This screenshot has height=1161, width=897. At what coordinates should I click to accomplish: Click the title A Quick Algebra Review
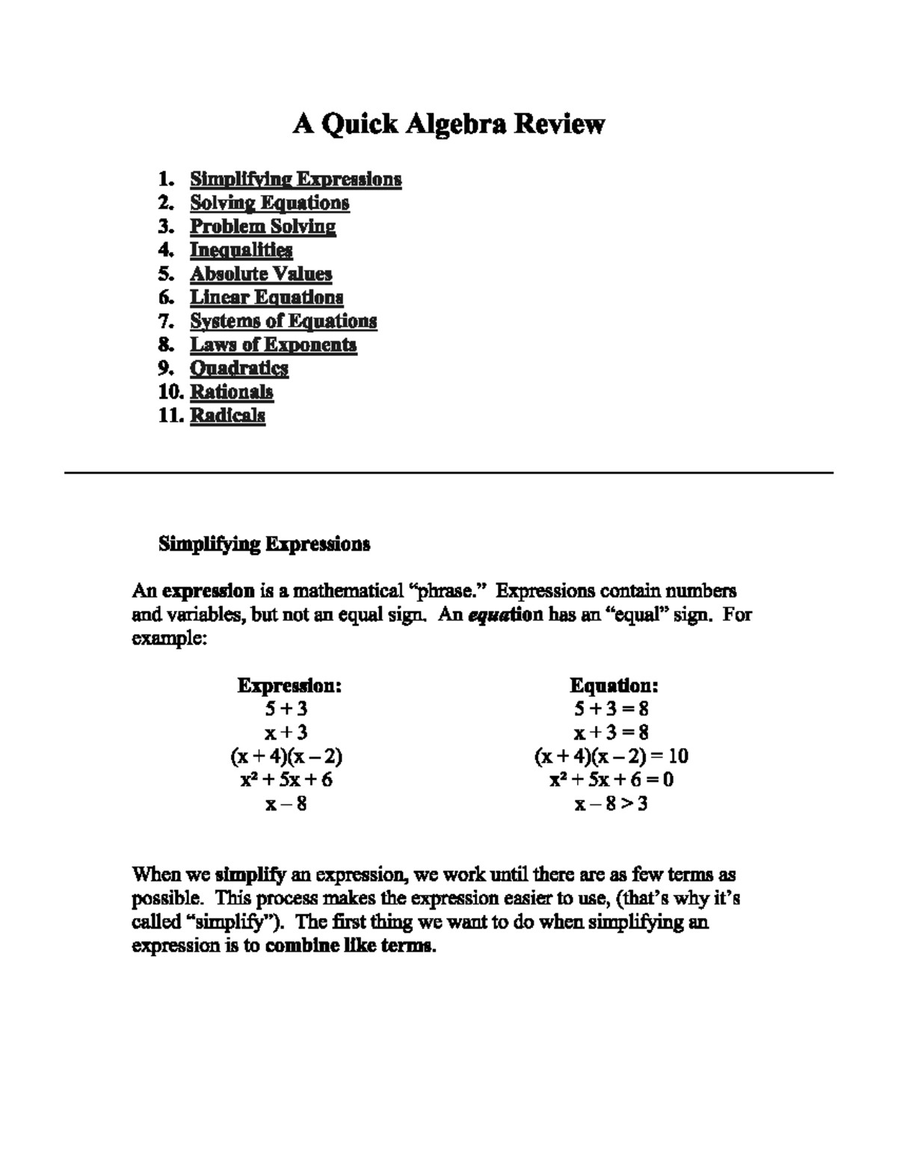448,124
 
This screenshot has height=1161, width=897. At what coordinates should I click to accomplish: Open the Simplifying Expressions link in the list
295,179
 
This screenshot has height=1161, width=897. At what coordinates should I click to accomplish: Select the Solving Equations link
269,203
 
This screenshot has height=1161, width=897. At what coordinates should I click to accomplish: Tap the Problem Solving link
262,227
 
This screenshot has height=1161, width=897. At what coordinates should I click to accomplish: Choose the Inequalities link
241,250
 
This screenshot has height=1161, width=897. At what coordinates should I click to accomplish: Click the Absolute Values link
260,274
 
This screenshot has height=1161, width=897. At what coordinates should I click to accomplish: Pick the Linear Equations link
266,298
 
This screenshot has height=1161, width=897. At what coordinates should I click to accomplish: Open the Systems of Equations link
283,321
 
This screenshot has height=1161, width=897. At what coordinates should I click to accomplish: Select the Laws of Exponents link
273,345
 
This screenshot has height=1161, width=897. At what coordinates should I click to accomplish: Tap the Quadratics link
238,369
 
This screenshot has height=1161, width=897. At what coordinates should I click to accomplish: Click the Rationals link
231,392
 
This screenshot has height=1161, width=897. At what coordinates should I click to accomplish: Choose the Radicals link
227,416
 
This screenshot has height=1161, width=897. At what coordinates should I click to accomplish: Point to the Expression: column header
289,686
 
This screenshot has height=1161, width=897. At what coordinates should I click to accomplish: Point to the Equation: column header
614,686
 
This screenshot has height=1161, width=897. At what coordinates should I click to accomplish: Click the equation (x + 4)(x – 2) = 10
611,757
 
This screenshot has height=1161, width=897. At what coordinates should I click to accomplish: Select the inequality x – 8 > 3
611,804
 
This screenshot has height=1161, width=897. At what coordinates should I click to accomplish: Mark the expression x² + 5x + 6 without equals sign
286,780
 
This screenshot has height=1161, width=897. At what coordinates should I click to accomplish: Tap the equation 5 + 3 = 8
611,709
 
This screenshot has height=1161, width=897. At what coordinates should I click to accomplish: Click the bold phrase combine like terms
350,946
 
